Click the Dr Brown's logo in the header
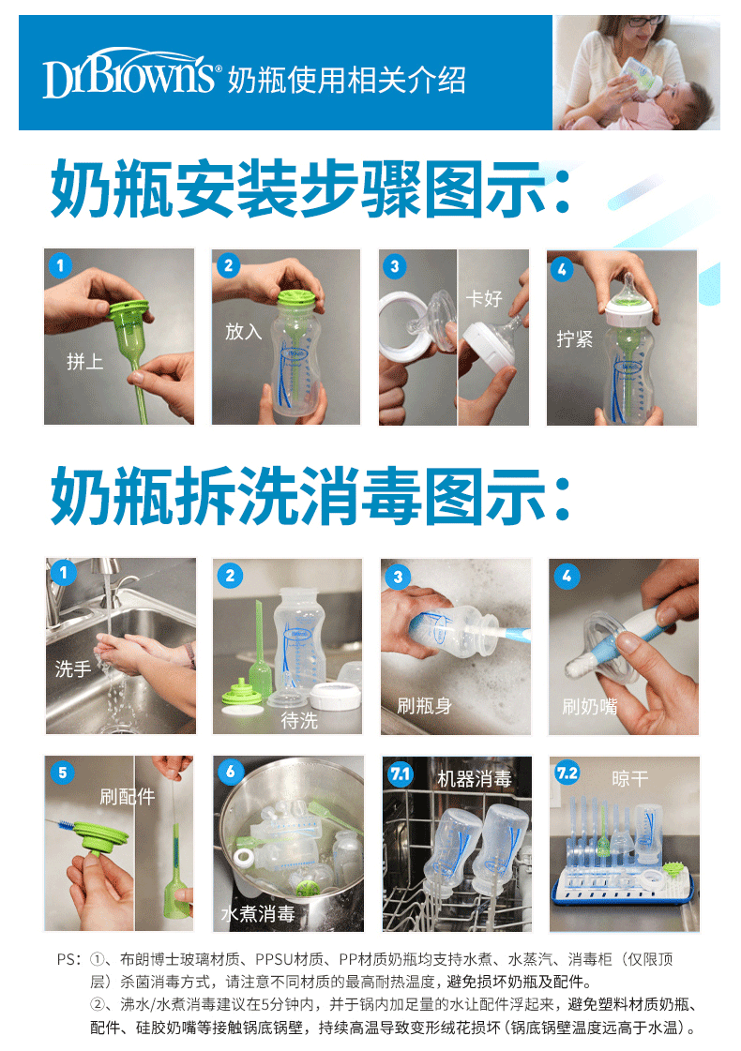click(129, 74)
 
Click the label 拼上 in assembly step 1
click(85, 362)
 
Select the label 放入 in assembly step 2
click(244, 331)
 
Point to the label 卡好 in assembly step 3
click(484, 297)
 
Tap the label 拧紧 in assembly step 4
click(575, 339)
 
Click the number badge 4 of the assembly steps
click(561, 269)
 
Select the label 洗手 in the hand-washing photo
click(73, 668)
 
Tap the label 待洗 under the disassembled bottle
click(299, 720)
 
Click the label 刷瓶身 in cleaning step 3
click(425, 706)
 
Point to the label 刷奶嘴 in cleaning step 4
click(590, 707)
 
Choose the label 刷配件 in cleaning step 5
click(128, 796)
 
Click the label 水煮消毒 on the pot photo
click(258, 913)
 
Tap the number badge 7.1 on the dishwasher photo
click(401, 773)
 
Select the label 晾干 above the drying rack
click(630, 778)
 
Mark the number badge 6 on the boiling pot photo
click(231, 772)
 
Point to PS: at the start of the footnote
click(69, 959)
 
